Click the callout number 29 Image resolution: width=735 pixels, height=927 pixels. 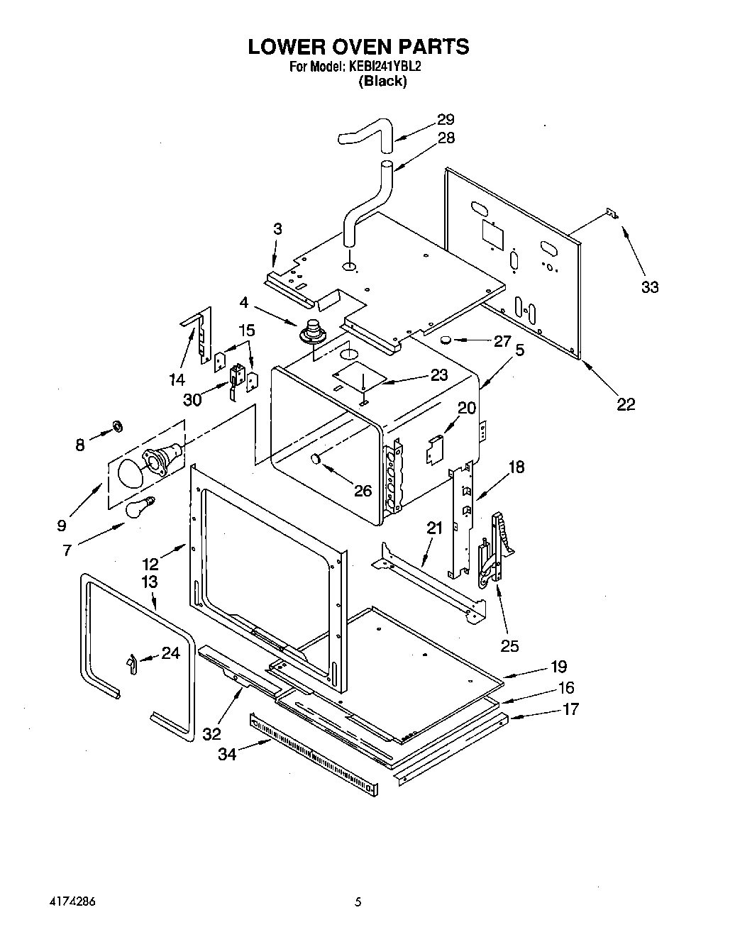tap(446, 119)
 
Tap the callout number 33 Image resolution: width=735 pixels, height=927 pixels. tap(650, 287)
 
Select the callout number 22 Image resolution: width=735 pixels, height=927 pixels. tap(626, 404)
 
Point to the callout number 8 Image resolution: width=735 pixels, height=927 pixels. tap(80, 445)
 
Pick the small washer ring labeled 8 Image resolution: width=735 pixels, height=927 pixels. tap(116, 426)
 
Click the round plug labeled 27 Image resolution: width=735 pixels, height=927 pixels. tap(446, 340)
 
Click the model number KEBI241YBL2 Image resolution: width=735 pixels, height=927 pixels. tap(382, 67)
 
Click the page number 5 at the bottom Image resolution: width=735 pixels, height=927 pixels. tap(359, 903)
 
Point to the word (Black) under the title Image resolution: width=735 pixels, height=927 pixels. tap(382, 81)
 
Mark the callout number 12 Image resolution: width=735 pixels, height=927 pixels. tap(150, 564)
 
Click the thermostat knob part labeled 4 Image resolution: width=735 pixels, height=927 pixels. tap(311, 332)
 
